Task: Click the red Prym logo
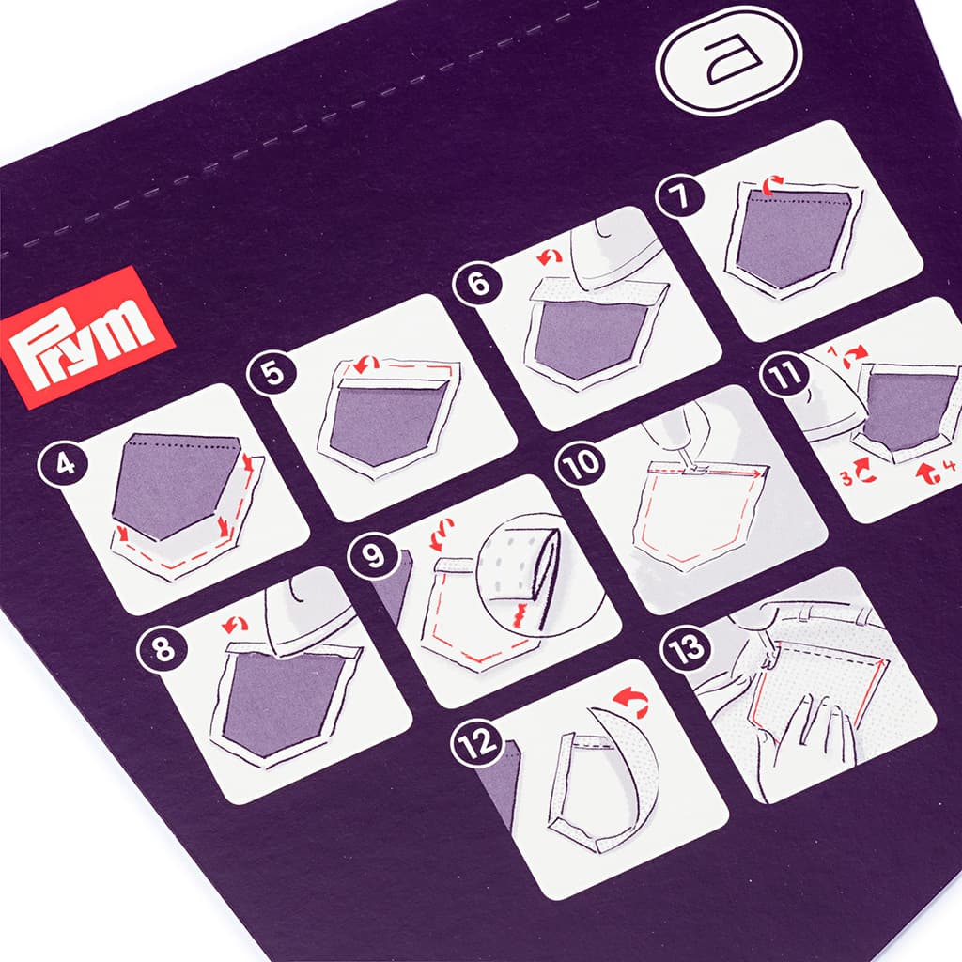click(x=88, y=337)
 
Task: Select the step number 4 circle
click(x=65, y=464)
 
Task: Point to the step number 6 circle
click(x=478, y=283)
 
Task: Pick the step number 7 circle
click(x=680, y=196)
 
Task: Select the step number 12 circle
click(x=477, y=744)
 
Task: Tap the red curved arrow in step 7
click(x=772, y=181)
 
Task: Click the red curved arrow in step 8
click(x=236, y=625)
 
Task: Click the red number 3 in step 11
click(x=847, y=476)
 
